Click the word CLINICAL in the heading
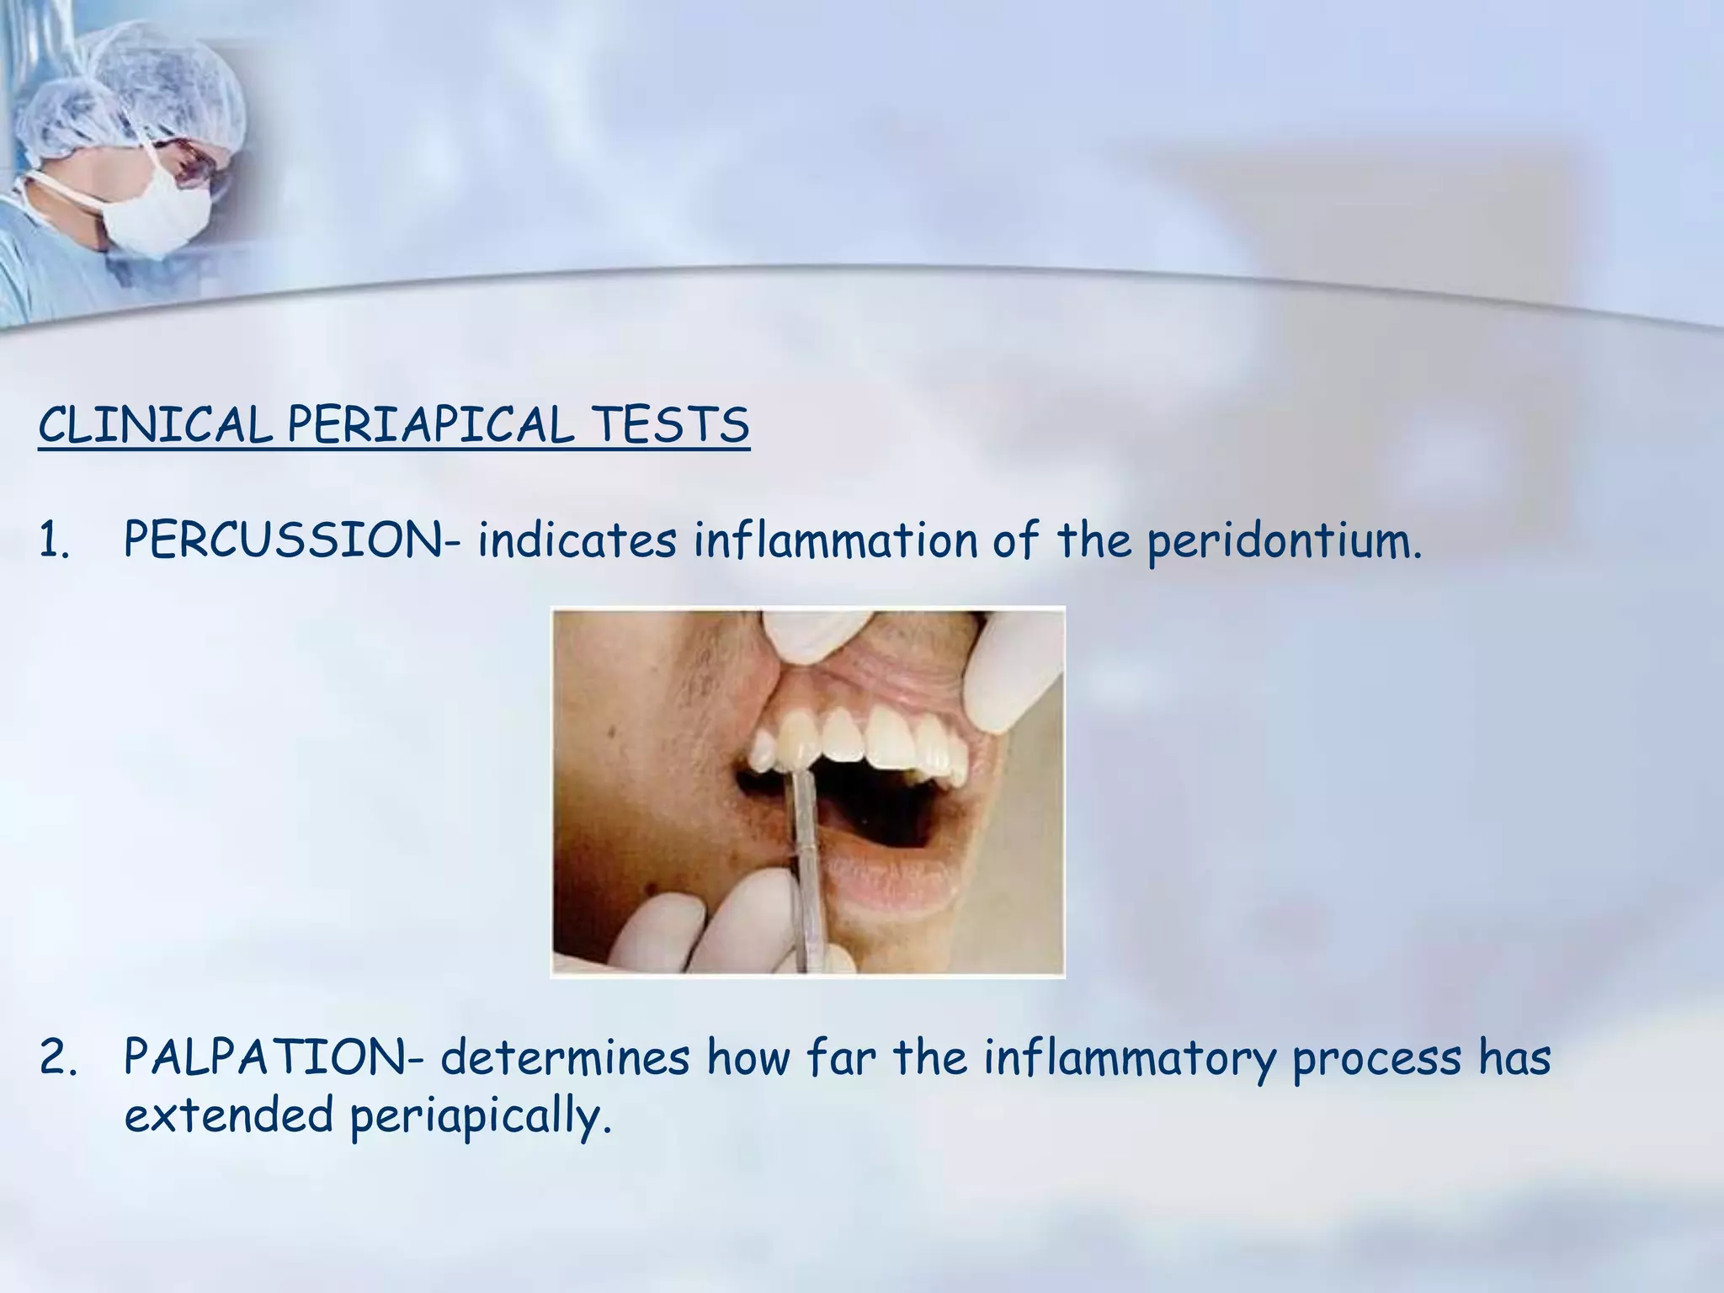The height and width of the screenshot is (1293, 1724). click(x=155, y=425)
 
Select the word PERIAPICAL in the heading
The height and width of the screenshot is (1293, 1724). click(x=429, y=425)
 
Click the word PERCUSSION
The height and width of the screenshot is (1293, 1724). click(x=283, y=540)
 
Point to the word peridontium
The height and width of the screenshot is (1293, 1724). click(x=1284, y=541)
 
